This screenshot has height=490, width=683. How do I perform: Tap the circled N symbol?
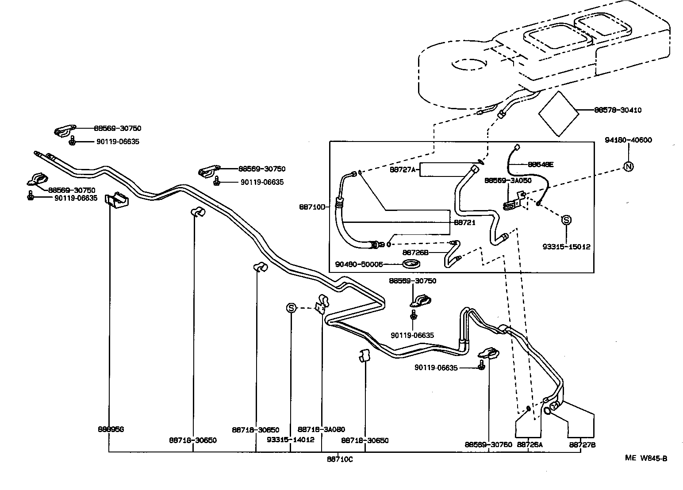[628, 166]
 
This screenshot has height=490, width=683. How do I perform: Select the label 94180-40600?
[628, 140]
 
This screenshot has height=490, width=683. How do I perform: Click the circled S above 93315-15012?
[566, 220]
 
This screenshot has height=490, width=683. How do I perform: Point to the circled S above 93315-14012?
[291, 308]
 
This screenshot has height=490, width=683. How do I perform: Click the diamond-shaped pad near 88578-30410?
[559, 114]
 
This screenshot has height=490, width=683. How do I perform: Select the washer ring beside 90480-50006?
[411, 264]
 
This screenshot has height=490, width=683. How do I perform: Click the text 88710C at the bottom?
[340, 459]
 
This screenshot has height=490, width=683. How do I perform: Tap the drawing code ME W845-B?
[646, 458]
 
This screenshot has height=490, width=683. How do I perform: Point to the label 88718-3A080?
[321, 429]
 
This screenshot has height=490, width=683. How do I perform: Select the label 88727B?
[582, 445]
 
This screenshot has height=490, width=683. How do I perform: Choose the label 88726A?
[530, 445]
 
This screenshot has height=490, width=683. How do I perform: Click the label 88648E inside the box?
[541, 165]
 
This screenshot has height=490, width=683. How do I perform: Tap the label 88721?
[464, 222]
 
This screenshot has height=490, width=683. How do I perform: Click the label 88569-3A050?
[507, 180]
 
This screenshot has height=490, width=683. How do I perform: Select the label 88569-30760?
[488, 445]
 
